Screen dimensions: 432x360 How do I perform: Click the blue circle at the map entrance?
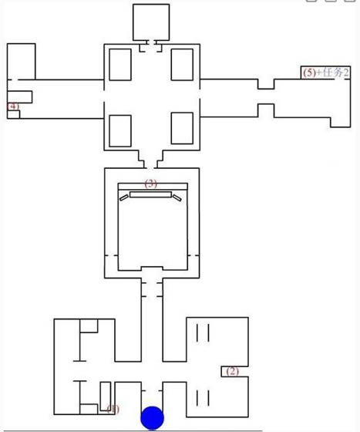tap(153, 418)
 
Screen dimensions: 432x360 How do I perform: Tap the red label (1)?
tap(113, 408)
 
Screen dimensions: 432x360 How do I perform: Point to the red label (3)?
tap(151, 184)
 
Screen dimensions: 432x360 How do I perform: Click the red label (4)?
tap(14, 106)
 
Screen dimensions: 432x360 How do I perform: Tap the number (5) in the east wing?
tap(310, 73)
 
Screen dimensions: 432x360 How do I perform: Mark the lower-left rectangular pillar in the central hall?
tap(121, 130)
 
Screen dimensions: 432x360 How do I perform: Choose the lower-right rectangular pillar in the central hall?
tap(181, 129)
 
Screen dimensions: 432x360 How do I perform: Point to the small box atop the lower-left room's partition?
tap(88, 325)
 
